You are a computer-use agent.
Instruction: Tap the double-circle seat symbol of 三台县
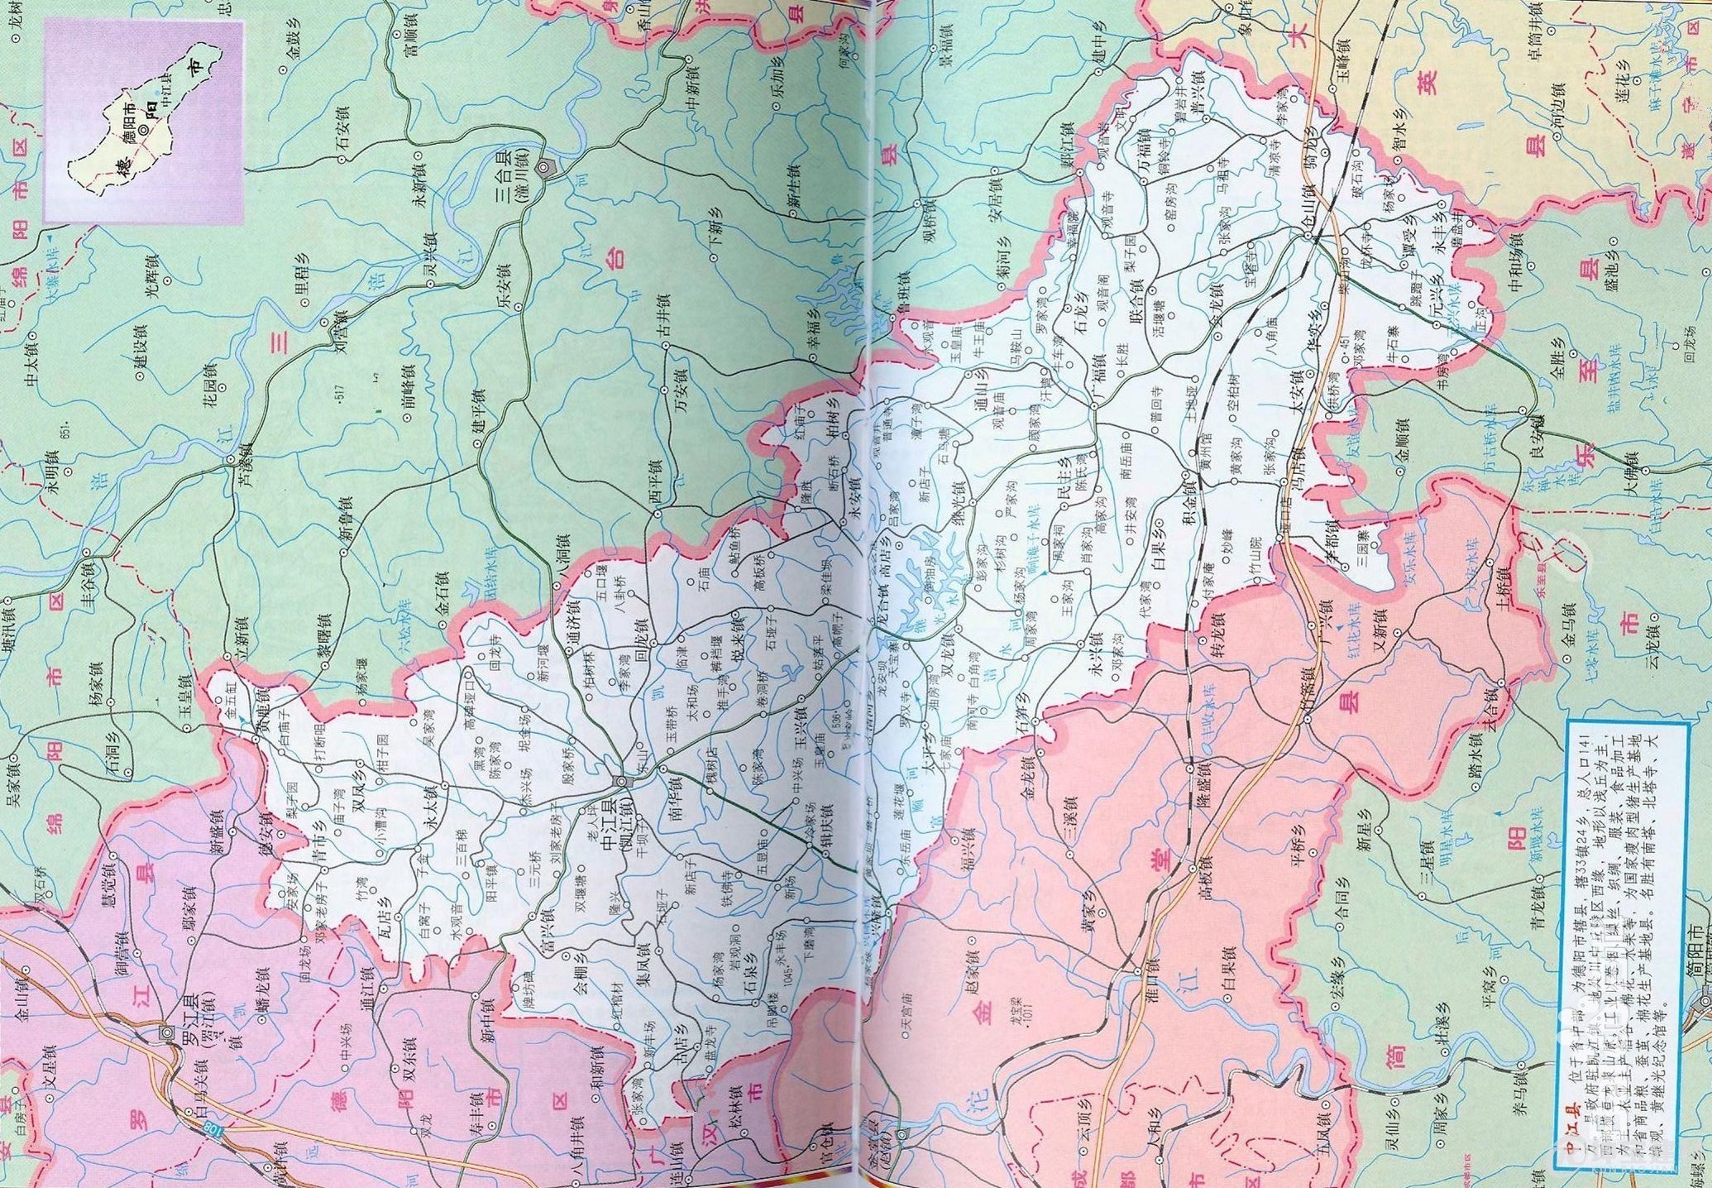point(544,168)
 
